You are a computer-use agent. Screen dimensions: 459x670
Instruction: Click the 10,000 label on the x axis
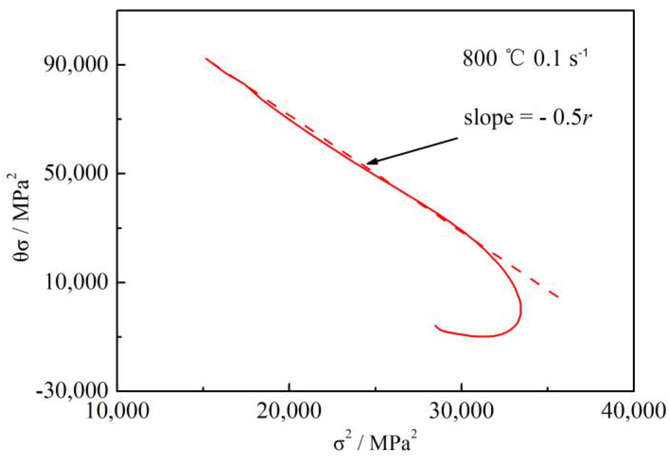(117, 412)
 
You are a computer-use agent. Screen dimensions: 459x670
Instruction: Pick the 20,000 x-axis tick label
(289, 412)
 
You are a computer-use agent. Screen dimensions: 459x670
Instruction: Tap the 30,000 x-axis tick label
(461, 412)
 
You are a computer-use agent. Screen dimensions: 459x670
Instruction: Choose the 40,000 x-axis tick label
(633, 412)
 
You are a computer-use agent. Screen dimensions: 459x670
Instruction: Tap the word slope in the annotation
(488, 118)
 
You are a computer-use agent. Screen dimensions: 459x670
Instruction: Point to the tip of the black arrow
(367, 163)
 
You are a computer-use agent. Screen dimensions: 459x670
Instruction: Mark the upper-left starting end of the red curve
(206, 58)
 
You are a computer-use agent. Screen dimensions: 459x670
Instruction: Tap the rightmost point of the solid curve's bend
(521, 308)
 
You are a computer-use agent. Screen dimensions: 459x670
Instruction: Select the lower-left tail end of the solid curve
(435, 325)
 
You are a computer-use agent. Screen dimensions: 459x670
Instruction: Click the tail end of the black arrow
(457, 138)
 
